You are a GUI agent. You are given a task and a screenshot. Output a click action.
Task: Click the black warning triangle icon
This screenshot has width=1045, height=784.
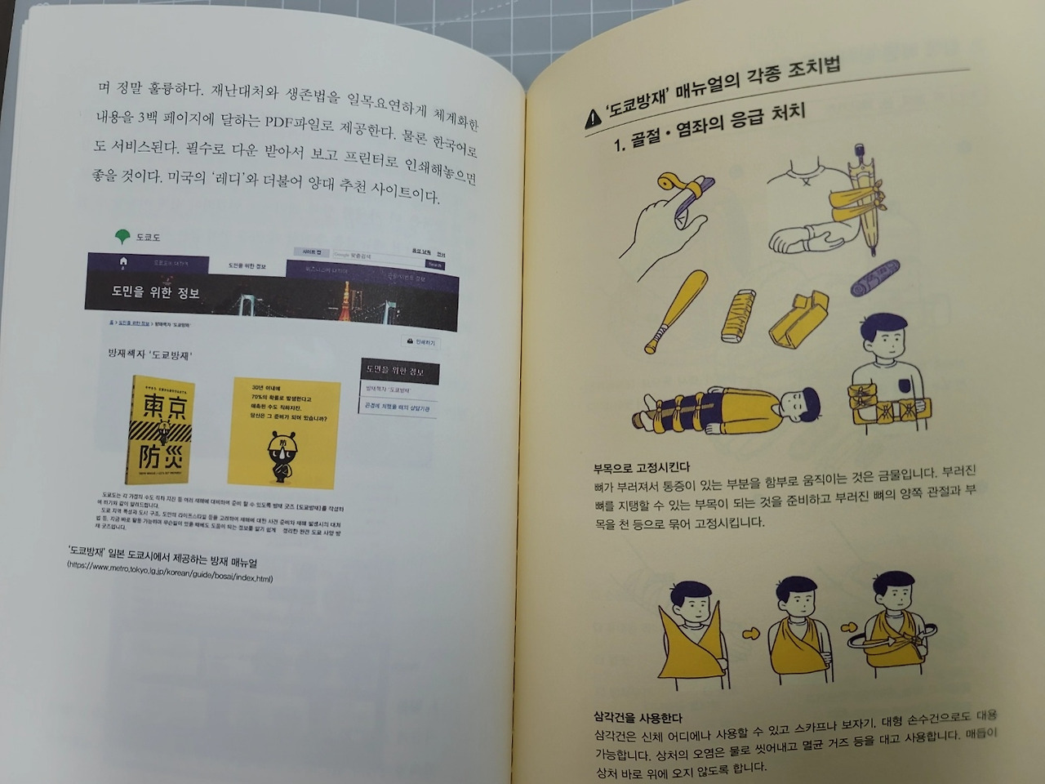tap(594, 120)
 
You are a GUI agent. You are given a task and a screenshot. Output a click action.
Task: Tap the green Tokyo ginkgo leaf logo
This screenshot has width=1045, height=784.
tap(122, 237)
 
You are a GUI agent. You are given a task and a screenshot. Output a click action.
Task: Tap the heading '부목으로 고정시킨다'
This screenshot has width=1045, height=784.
tap(642, 468)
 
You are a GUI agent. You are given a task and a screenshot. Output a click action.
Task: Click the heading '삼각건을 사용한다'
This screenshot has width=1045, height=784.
tap(638, 718)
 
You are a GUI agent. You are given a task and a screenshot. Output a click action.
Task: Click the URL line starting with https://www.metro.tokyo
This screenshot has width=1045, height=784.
tap(170, 577)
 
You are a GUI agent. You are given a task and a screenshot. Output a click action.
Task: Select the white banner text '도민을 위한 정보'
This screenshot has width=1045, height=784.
tap(155, 292)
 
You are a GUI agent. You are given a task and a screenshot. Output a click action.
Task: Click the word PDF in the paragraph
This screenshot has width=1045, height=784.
tap(283, 121)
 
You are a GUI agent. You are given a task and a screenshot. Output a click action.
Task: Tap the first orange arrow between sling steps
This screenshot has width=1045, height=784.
tap(750, 633)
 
